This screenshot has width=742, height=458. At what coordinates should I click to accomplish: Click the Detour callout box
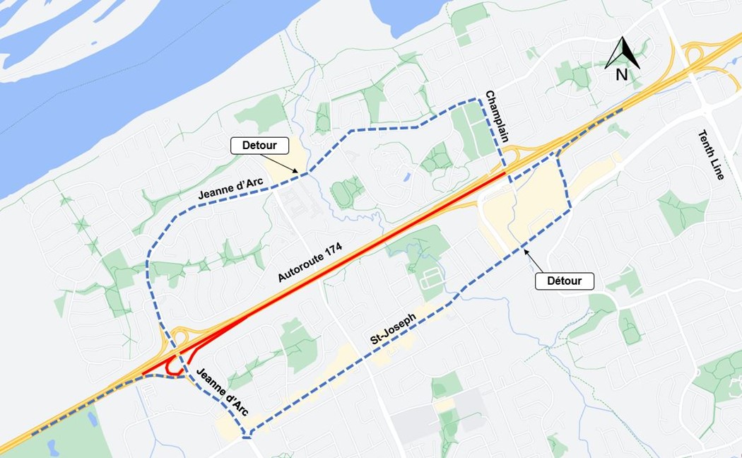260,146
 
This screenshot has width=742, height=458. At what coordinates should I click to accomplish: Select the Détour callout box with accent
564,281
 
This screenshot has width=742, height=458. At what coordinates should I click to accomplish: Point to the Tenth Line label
710,155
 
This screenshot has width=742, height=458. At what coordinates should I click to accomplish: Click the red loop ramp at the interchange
170,368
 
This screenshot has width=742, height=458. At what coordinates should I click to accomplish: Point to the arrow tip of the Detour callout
306,173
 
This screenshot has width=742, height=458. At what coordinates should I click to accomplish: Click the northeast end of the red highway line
503,172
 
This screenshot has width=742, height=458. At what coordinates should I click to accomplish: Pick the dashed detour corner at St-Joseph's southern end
247,433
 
